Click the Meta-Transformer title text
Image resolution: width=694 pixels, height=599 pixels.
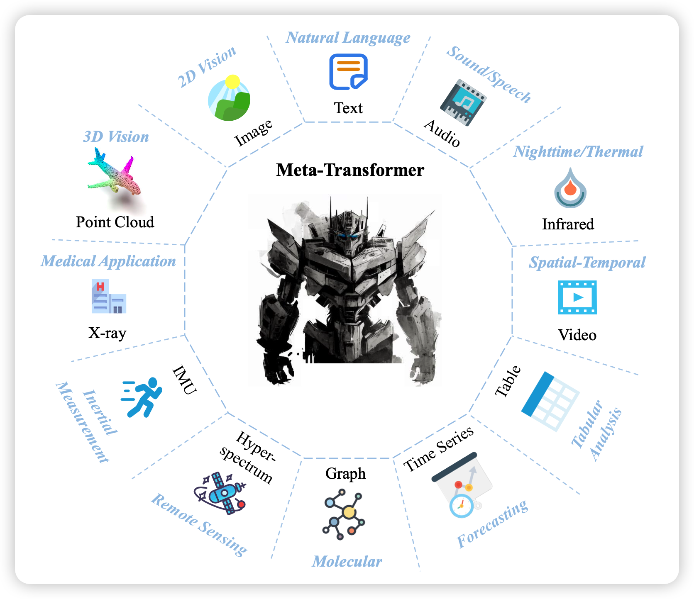350,170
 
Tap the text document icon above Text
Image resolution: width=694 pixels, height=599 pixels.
348,72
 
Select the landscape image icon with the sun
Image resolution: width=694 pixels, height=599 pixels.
229,98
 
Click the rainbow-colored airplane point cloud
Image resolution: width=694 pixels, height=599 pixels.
114,174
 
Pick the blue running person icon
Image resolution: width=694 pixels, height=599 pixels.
142,397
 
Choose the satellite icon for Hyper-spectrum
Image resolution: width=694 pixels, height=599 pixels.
220,493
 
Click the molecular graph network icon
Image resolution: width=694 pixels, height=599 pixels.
344,514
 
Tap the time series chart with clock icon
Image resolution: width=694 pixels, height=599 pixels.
462,485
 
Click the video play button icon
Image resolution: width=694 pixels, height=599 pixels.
577,297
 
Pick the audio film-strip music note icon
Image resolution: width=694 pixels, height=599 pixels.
463,102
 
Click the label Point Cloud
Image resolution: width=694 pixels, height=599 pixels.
115,222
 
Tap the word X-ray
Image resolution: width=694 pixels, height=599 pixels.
107,333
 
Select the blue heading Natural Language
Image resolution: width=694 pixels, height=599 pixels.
348,38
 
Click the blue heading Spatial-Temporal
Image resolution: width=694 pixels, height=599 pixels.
587,263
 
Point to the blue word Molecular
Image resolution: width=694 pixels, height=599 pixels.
347,562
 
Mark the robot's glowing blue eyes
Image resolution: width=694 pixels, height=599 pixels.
347,236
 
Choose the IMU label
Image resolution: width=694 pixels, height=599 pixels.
184,380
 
